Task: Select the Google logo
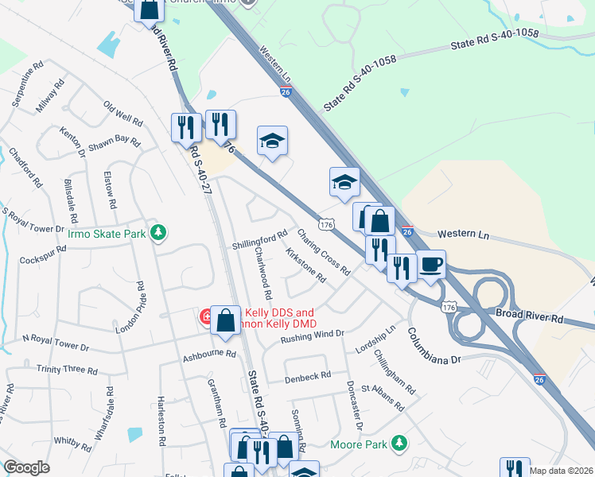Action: point(26,467)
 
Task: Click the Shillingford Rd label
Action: point(259,239)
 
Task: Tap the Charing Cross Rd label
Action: point(324,252)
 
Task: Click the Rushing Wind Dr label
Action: point(312,338)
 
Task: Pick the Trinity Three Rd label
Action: point(67,370)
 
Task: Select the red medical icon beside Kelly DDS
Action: point(204,318)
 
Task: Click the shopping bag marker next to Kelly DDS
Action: point(226,320)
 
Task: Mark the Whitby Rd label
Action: point(73,440)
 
